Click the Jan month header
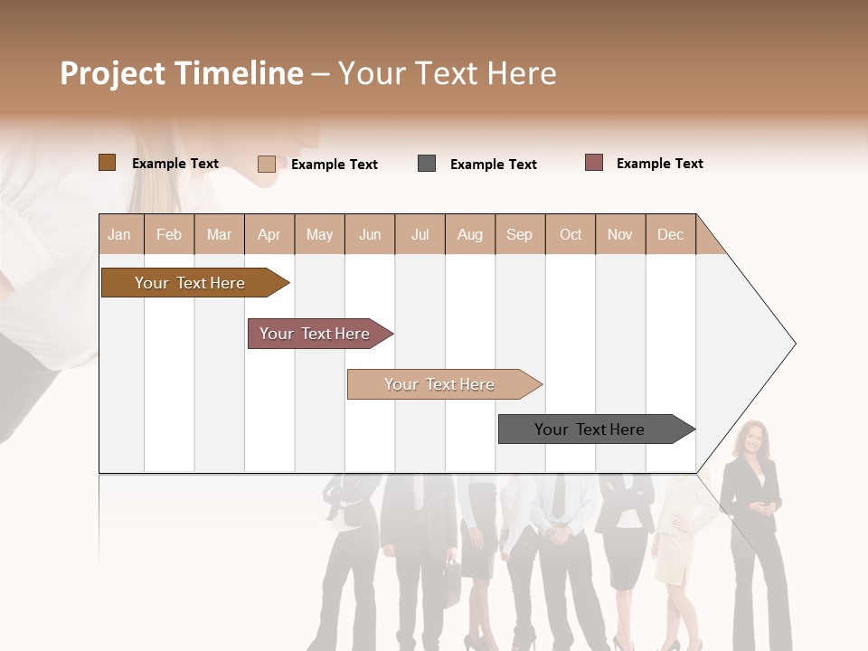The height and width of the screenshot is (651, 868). tap(120, 234)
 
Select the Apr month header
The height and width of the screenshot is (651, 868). tap(269, 234)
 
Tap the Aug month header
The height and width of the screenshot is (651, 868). tap(470, 234)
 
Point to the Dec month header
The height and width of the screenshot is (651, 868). tap(670, 234)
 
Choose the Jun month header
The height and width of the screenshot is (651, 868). tap(370, 234)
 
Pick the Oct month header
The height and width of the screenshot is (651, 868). tap(571, 234)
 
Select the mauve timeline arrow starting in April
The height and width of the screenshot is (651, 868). tap(316, 334)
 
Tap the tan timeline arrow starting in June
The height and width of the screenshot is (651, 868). tap(441, 384)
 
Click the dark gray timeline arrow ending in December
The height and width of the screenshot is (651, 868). tap(592, 429)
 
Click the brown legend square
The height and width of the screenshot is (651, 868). tap(107, 163)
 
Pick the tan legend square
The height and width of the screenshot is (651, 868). tap(266, 164)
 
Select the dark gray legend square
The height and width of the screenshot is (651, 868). tap(427, 164)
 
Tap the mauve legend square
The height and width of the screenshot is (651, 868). tap(593, 163)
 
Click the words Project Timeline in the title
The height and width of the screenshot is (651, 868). tap(181, 73)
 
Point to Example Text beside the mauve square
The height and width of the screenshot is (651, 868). tap(659, 164)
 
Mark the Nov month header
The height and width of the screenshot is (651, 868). tap(620, 234)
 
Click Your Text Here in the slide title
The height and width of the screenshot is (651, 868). tap(447, 73)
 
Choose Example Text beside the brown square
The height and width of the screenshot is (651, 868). tap(175, 164)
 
